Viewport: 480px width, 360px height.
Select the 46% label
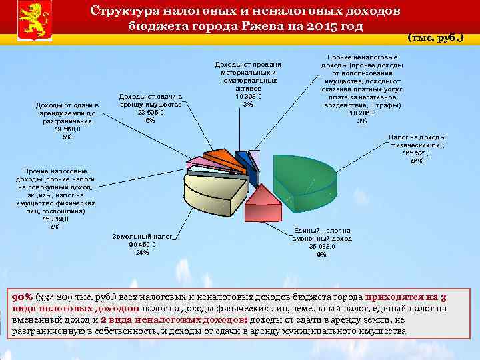coord(417,161)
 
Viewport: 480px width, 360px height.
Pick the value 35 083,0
coord(322,246)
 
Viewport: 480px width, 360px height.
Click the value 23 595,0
coord(151,113)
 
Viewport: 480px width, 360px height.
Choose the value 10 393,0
coord(248,96)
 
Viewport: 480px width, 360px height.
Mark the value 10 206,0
coord(362,113)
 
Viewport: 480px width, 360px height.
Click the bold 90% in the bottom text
coord(23,298)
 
